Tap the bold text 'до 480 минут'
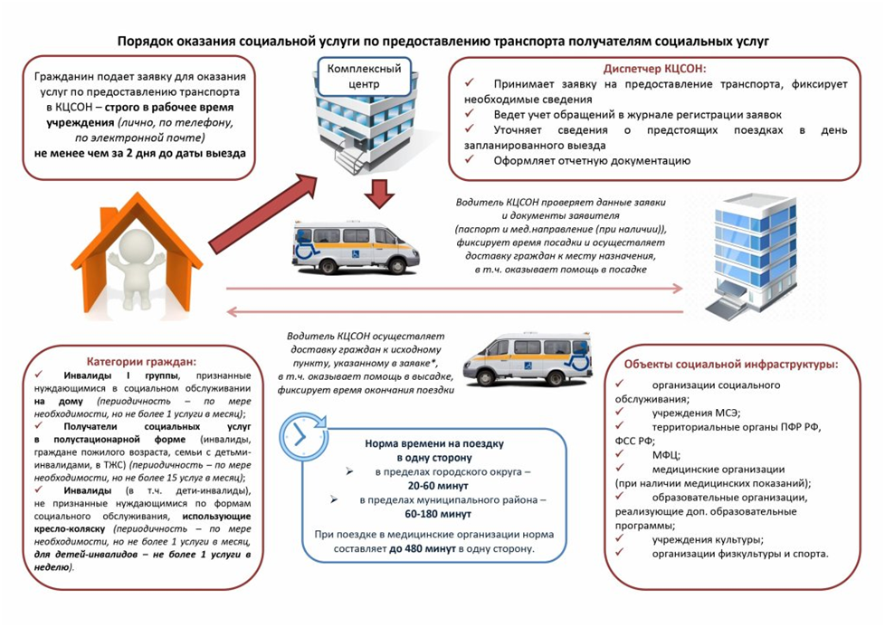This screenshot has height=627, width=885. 422,549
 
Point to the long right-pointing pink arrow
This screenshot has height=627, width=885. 452,290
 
